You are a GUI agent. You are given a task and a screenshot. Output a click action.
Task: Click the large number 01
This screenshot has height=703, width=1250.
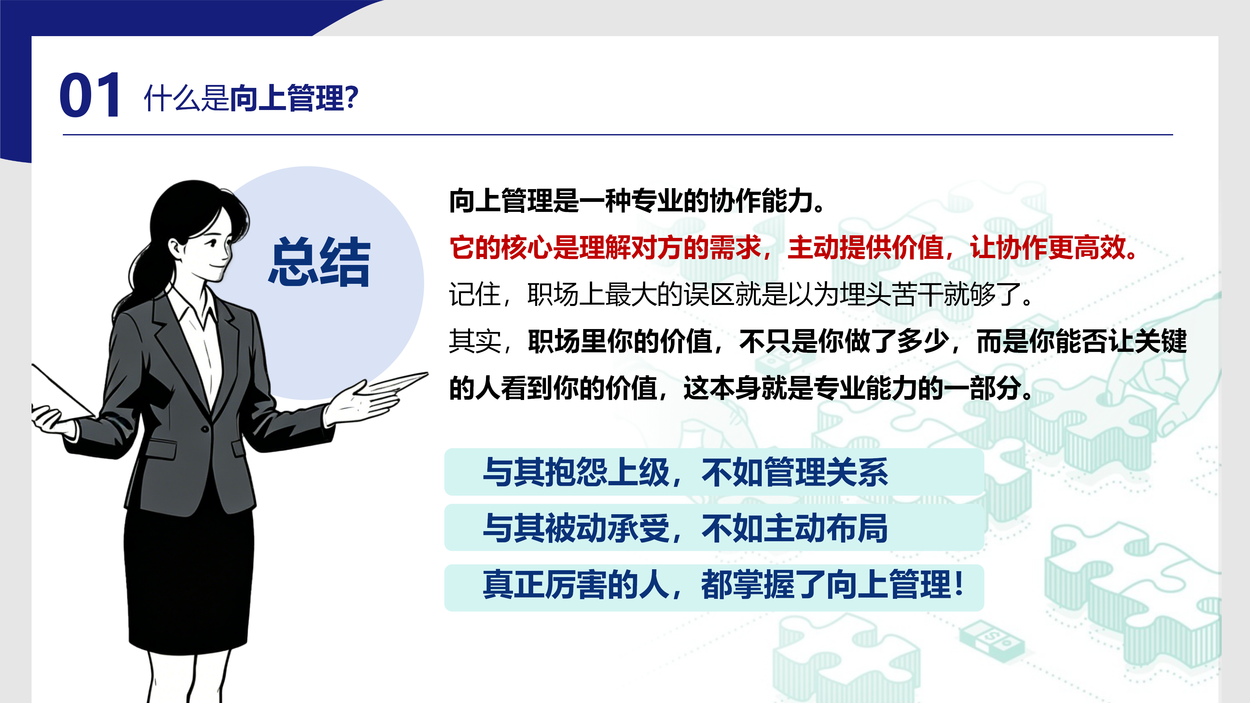90,95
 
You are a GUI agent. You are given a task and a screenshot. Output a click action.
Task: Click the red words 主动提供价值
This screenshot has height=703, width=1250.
865,247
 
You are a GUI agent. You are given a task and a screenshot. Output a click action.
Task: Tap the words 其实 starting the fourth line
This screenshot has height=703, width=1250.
475,341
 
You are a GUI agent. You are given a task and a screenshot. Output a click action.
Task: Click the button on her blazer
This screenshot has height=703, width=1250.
205,429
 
